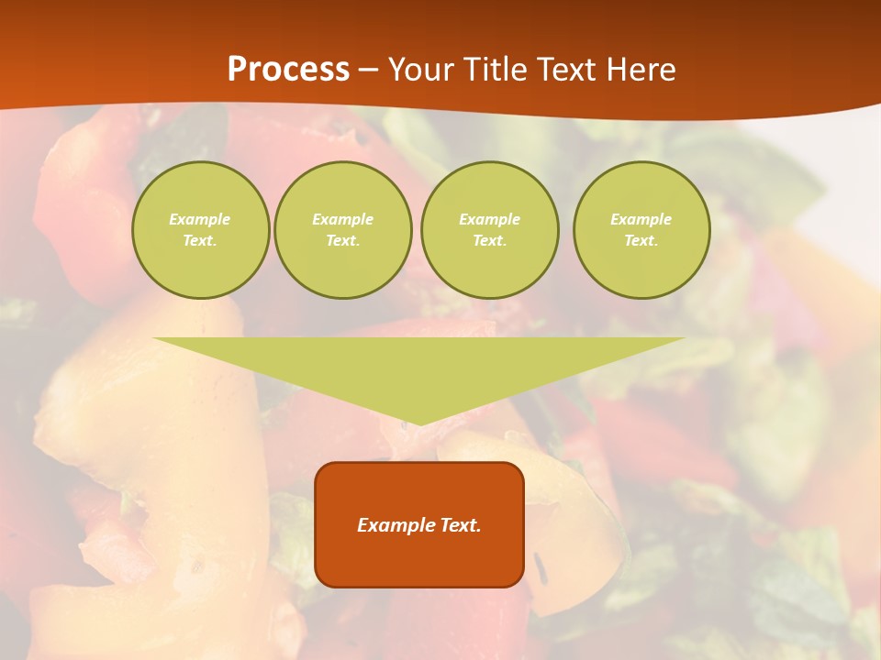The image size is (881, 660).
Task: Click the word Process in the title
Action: (288, 70)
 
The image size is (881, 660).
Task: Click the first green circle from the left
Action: (200, 230)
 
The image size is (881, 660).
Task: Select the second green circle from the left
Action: (342, 230)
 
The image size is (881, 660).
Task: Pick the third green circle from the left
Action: (489, 230)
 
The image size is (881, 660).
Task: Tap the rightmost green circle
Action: (641, 230)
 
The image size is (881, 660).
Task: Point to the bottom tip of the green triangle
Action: (419, 423)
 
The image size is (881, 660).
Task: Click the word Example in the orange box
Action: (392, 525)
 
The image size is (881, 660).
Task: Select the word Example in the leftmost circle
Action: (200, 219)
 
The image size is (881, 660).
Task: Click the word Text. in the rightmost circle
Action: (641, 241)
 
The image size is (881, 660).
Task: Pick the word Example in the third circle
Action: (489, 219)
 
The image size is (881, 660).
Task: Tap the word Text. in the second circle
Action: (342, 241)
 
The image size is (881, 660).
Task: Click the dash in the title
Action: (369, 71)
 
